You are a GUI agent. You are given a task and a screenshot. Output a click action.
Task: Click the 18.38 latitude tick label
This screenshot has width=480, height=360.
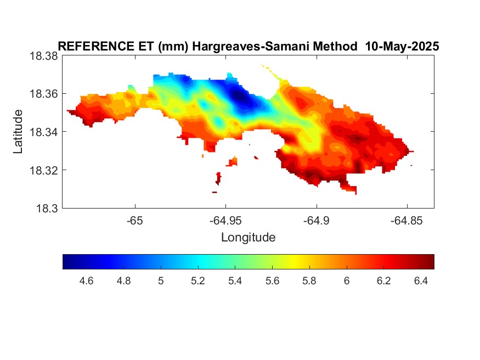43,56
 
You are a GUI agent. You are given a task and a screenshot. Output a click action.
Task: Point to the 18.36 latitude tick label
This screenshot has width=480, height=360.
43,94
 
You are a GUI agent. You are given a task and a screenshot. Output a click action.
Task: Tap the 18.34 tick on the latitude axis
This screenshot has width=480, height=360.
43,132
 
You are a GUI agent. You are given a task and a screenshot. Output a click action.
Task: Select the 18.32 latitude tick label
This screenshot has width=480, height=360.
43,170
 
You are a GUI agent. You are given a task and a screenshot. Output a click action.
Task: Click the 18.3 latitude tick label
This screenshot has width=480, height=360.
47,209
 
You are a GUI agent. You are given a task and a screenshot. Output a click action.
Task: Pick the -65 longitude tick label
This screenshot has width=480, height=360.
135,221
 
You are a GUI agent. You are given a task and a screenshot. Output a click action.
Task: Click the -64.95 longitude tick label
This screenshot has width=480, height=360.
225,221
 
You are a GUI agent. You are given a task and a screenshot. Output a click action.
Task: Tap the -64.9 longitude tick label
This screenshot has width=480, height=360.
316,221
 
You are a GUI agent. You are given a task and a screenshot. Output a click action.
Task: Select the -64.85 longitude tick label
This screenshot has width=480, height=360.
407,221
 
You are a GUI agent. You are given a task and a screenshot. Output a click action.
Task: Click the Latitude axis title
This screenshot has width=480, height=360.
18,132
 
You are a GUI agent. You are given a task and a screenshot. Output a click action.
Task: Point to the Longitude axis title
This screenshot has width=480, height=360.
249,238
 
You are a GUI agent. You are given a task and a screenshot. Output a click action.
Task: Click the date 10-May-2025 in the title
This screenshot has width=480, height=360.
402,46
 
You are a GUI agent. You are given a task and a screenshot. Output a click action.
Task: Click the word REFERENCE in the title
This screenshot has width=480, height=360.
96,46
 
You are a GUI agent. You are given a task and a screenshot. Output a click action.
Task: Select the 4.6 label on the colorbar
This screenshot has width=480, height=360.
86,281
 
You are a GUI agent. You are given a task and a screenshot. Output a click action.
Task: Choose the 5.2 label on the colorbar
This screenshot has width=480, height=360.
197,281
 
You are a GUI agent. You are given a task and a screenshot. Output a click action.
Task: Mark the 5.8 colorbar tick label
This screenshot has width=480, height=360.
309,281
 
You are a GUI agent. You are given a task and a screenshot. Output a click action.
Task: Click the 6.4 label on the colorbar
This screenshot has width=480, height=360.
421,281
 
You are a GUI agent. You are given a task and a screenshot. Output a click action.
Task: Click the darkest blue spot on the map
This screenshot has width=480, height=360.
239,96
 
